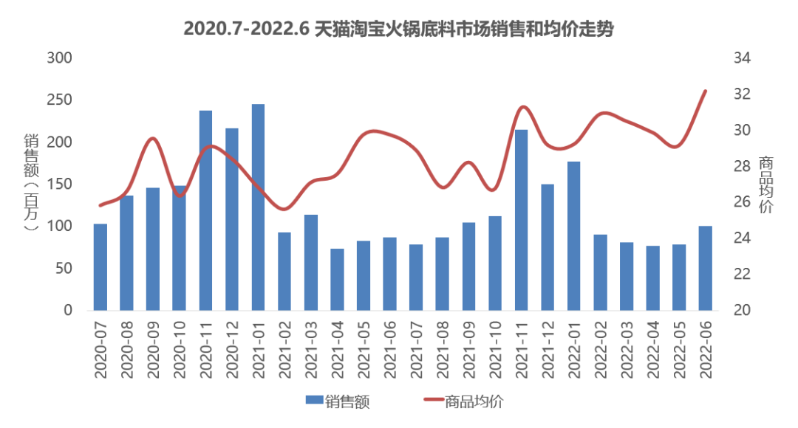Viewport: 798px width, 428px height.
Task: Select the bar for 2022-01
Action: (573, 236)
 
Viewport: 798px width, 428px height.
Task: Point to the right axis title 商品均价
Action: (766, 184)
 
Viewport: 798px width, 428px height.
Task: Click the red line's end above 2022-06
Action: (706, 92)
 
